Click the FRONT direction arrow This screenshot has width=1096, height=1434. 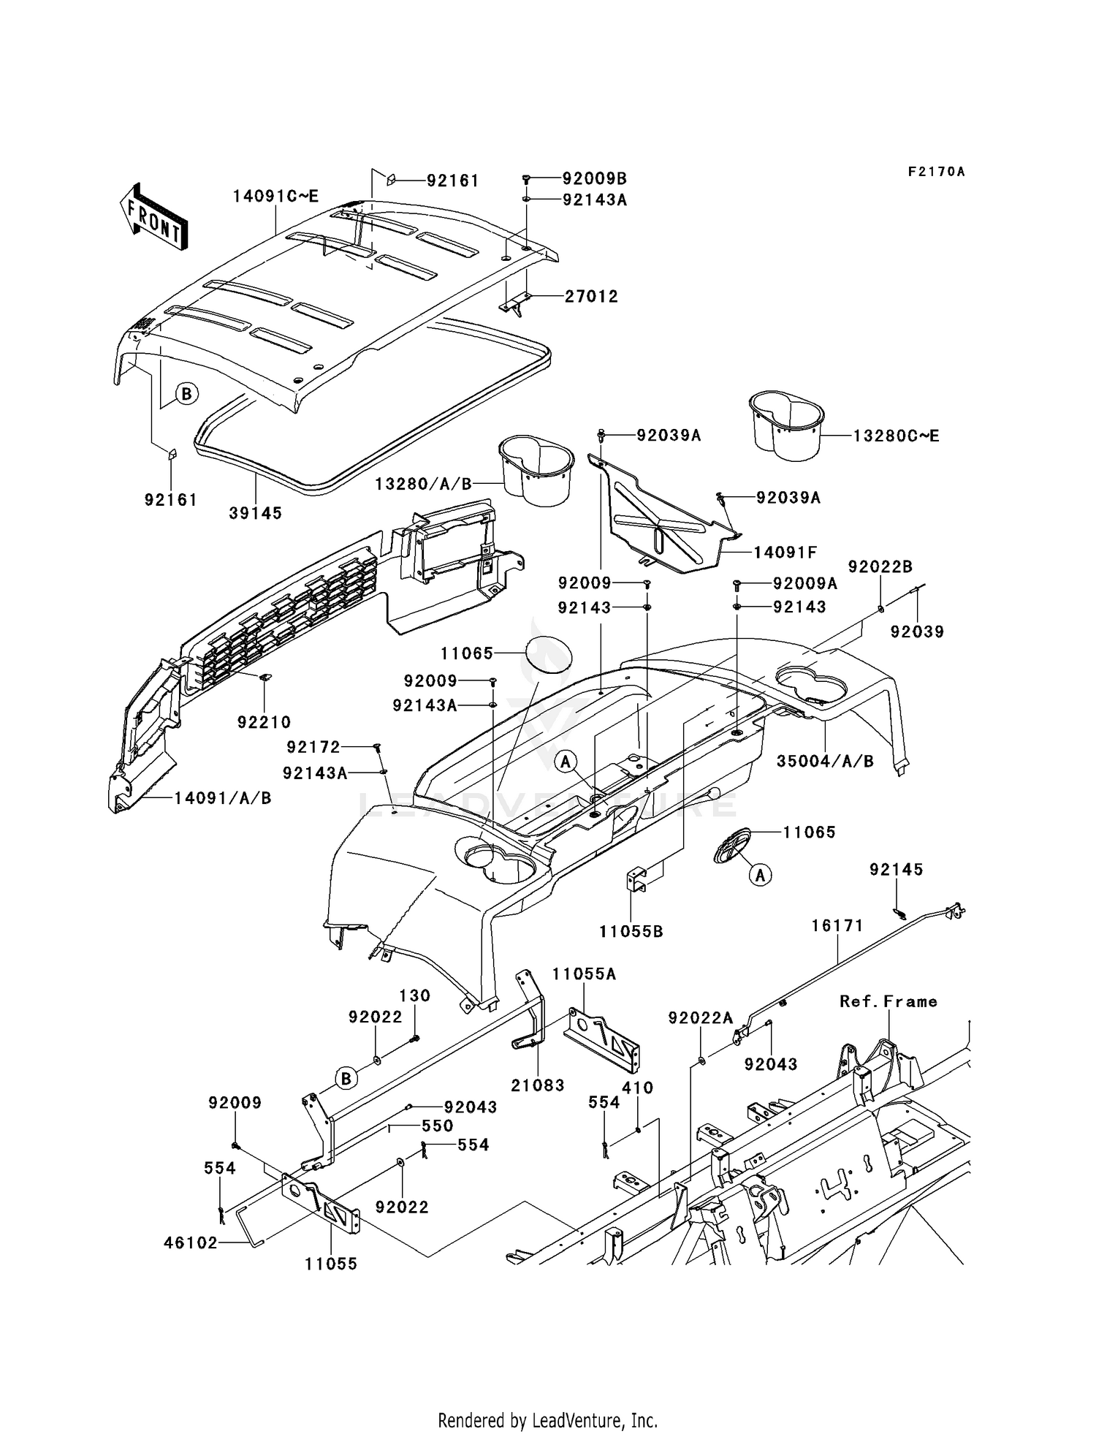153,218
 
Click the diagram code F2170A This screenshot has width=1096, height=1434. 936,172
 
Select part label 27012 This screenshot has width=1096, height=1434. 591,297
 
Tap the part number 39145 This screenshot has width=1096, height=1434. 255,513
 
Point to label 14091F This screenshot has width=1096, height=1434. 785,553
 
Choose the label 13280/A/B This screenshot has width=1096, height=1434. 424,484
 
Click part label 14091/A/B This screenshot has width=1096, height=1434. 223,798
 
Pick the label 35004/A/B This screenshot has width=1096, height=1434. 825,761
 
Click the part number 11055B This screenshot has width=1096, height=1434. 631,932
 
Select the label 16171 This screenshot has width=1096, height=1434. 837,925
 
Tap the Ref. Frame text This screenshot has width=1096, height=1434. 888,1001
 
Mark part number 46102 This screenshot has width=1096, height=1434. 191,1243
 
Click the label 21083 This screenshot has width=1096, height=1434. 538,1086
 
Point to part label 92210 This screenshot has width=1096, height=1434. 264,722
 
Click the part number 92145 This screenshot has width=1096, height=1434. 896,869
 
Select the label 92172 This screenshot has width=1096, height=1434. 313,747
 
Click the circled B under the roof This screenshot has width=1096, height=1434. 186,395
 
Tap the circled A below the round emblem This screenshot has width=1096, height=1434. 761,874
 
